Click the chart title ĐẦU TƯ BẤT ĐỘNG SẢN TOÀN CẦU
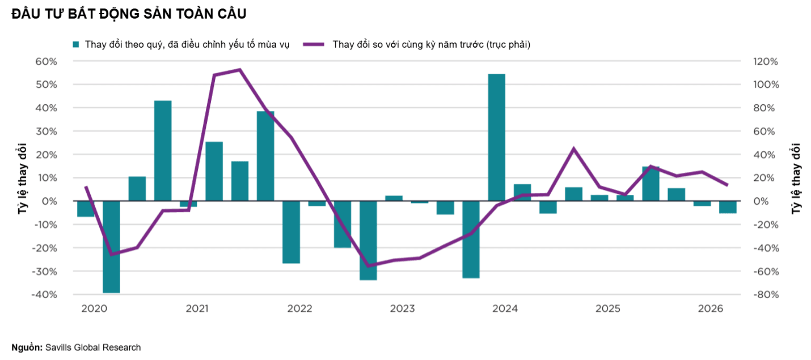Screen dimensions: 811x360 [129, 14]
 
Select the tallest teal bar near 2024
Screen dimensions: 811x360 [496, 137]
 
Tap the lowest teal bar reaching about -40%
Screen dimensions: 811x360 [111, 247]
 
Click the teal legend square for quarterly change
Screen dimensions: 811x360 [75, 44]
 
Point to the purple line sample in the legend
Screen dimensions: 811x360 [314, 44]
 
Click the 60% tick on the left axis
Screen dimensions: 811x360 [47, 61]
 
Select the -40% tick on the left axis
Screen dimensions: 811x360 [45, 294]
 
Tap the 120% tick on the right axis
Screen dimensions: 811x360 [766, 61]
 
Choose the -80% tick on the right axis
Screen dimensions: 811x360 [766, 294]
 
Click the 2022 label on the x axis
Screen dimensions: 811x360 [299, 308]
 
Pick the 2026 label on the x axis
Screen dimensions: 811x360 [711, 308]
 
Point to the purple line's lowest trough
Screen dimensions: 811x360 [368, 266]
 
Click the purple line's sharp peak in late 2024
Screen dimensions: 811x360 [573, 148]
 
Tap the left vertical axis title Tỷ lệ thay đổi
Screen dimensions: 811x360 [23, 179]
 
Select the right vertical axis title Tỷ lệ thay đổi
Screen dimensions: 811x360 [796, 179]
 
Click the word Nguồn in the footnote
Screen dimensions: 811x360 [26, 348]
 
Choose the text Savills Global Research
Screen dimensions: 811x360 [93, 348]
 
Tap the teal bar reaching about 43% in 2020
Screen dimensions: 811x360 [163, 150]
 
